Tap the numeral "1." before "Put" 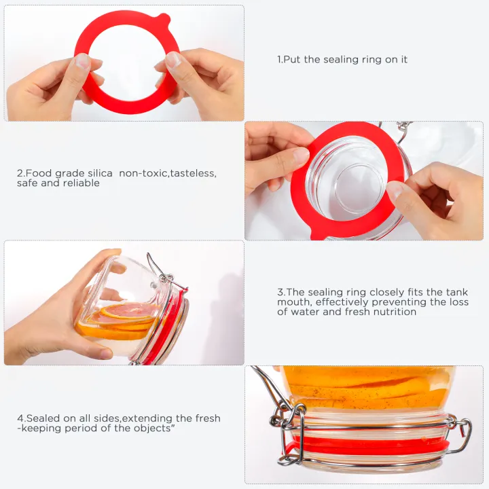coord(280,60)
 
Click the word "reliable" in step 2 coord(81,183)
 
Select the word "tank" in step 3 coord(445,293)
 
